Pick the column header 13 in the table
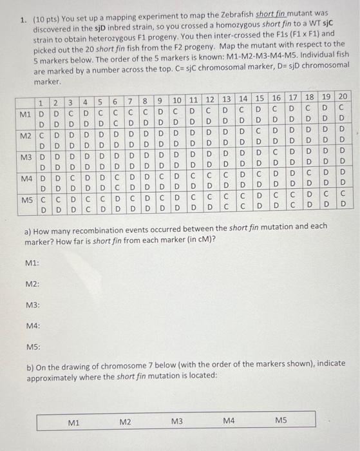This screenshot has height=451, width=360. [x=226, y=99]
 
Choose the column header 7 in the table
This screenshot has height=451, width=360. [x=130, y=101]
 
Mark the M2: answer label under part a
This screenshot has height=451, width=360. [x=32, y=284]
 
